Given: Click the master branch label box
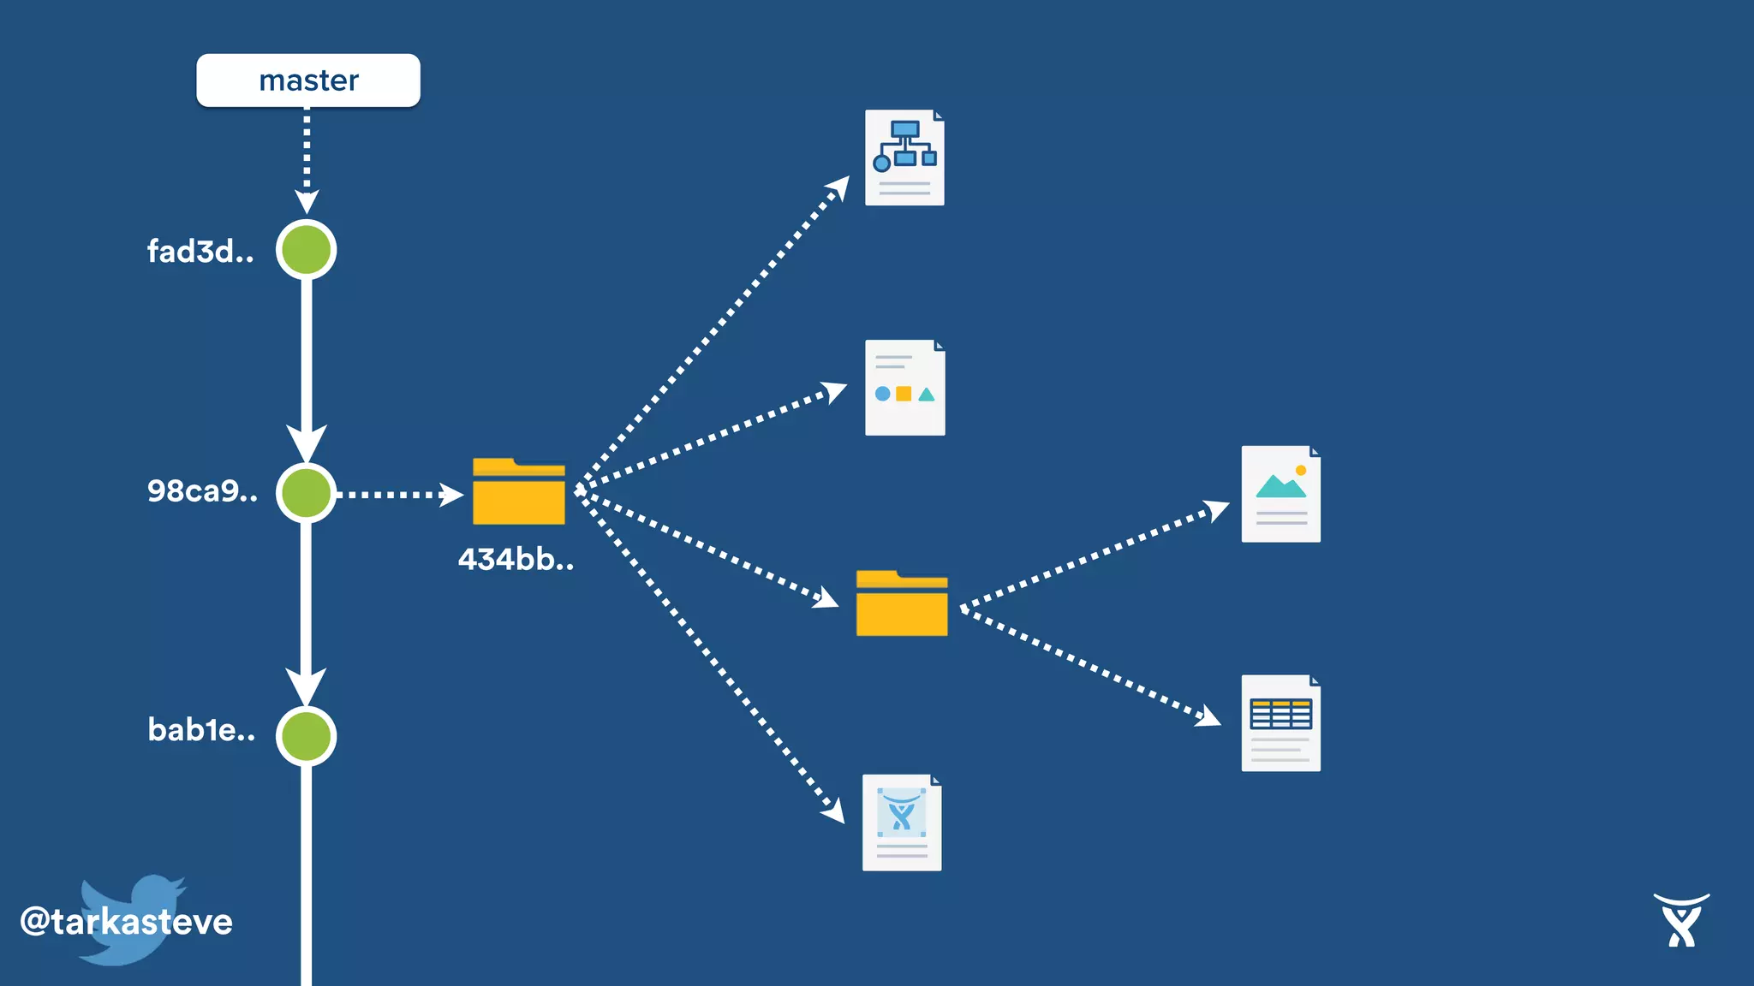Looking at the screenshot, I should point(308,80).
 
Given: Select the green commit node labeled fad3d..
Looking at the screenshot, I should point(306,250).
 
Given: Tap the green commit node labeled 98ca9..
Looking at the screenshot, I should point(306,493).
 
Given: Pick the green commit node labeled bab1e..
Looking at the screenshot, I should point(306,736).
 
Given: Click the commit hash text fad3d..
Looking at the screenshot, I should point(200,252).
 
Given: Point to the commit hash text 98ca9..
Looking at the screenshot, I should point(202,491).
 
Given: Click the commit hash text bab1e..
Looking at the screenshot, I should point(201,730).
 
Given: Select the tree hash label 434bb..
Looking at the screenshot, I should point(516,560).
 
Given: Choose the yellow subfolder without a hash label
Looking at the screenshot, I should point(902,603).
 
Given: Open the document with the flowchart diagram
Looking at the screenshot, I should point(904,157).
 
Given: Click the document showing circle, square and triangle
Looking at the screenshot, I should point(904,388).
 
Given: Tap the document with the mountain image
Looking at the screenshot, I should point(1280,494).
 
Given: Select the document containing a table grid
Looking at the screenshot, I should point(1280,723).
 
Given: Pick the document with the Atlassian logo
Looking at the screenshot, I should point(902,823).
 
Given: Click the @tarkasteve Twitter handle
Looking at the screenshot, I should point(127,922).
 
